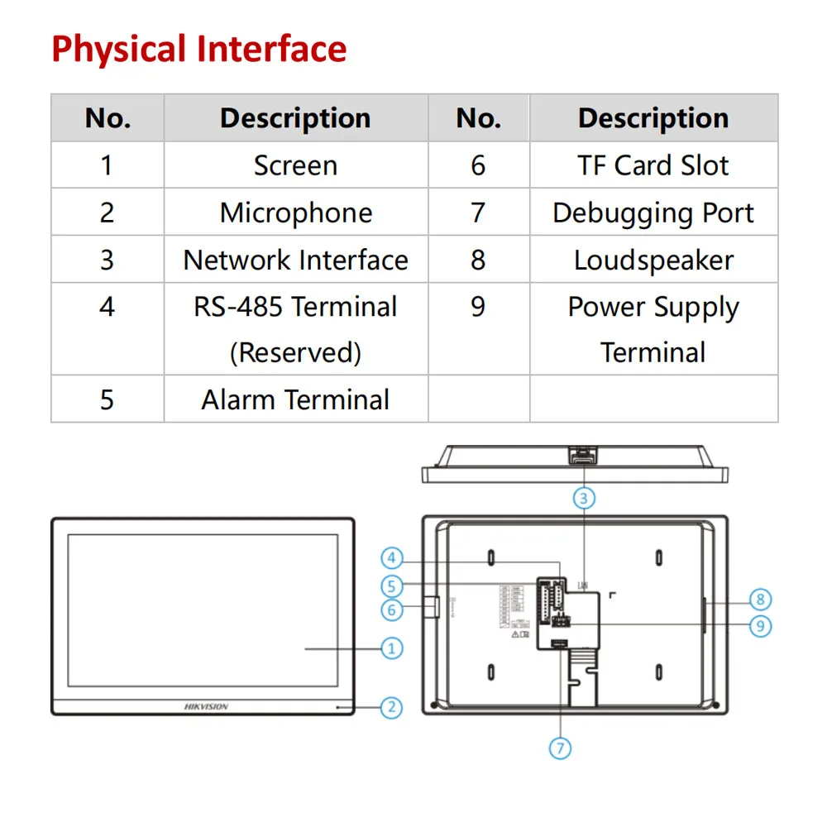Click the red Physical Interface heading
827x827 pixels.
coord(198,49)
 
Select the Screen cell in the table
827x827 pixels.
coord(295,165)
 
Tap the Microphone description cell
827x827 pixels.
coord(295,213)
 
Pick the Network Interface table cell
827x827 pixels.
coord(295,260)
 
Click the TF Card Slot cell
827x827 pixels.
coord(653,165)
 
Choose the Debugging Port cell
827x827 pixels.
coord(653,213)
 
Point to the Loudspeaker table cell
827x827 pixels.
coord(653,260)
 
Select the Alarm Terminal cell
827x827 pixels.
coord(295,399)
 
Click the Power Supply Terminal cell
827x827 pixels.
coord(653,329)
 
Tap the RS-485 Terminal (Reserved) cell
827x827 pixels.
coord(295,329)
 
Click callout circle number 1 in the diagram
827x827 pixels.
coord(392,648)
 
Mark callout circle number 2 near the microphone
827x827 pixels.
coord(392,707)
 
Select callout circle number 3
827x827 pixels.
coord(584,498)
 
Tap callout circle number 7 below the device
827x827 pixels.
coord(560,748)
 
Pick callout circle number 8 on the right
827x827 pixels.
coord(760,600)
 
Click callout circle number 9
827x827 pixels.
coord(760,626)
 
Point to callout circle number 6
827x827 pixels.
coord(392,610)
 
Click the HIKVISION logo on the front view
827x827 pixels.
coord(205,707)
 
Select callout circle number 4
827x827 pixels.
coord(392,557)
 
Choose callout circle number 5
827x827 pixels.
coord(392,586)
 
